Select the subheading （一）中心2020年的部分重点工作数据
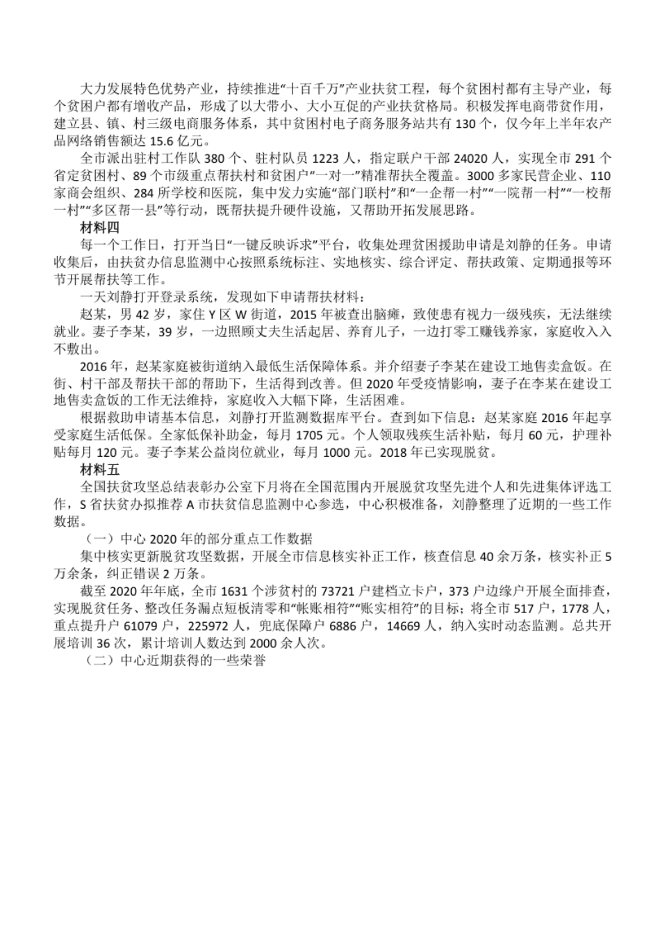[199, 539]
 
